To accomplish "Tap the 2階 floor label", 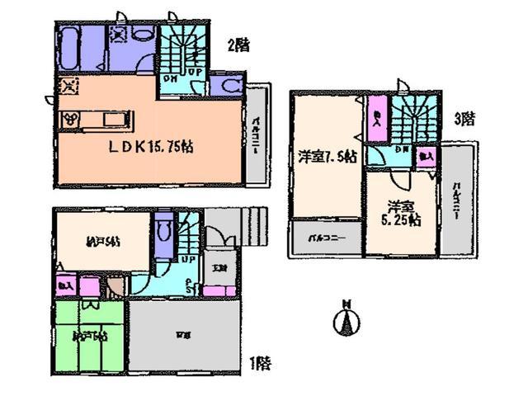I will (238, 45).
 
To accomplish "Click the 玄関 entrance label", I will (217, 267).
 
